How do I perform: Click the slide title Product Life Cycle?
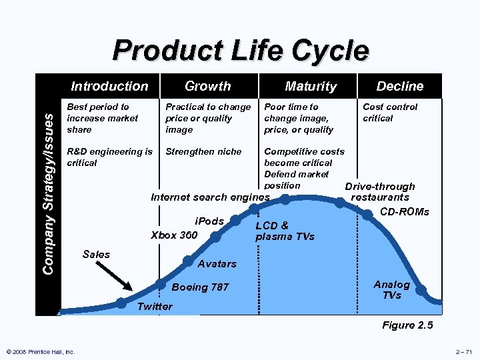240,51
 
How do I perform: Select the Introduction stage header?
109,86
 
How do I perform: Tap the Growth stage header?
207,86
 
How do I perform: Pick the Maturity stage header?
311,86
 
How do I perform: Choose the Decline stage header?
399,86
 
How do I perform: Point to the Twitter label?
154,307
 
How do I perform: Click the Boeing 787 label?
200,287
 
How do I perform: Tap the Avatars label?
217,263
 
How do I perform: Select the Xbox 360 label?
174,235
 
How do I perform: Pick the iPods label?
209,221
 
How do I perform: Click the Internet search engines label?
210,197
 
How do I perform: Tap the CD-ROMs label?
405,212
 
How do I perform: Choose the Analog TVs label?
391,289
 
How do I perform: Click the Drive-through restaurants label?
380,192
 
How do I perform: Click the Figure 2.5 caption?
407,325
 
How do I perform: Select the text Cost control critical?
390,112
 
